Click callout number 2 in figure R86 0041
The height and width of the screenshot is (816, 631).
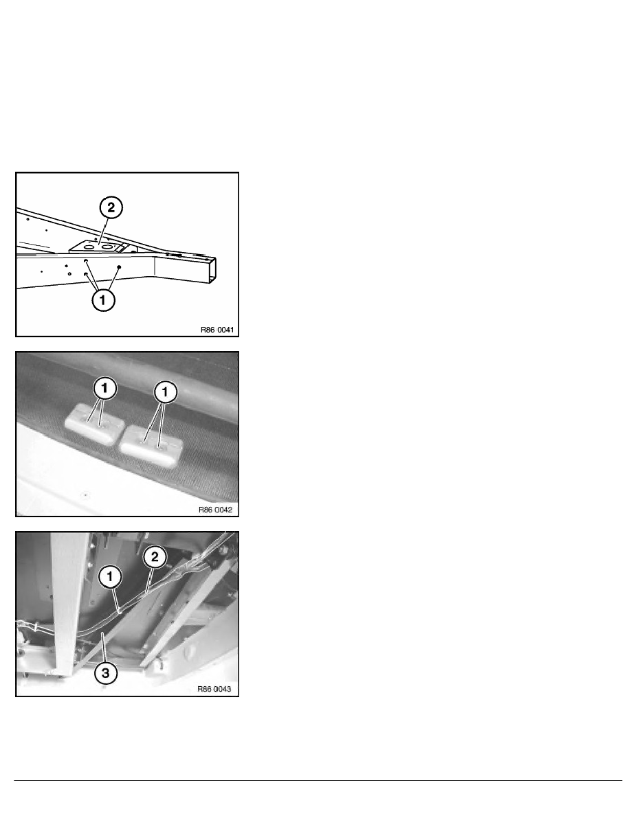[111, 207]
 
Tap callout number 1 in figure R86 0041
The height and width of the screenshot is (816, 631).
[103, 299]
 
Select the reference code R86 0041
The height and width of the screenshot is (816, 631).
[217, 330]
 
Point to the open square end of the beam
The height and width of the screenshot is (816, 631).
[212, 271]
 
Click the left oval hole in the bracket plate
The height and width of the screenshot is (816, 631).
[89, 247]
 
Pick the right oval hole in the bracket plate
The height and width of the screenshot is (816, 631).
[107, 247]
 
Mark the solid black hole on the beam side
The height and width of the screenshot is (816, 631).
[119, 267]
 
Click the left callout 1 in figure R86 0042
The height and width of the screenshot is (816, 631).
[104, 388]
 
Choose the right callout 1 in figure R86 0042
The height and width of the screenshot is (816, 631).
[166, 392]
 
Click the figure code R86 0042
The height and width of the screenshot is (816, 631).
[216, 510]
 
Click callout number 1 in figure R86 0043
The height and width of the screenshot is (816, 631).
[110, 576]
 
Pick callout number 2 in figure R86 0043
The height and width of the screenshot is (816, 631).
[155, 557]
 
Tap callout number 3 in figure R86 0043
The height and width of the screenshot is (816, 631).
[106, 673]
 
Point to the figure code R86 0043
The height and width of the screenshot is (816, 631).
[214, 689]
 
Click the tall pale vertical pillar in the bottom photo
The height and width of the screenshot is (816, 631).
[69, 604]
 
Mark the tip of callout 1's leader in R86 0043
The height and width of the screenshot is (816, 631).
[120, 613]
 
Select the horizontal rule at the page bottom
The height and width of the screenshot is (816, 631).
[318, 780]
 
